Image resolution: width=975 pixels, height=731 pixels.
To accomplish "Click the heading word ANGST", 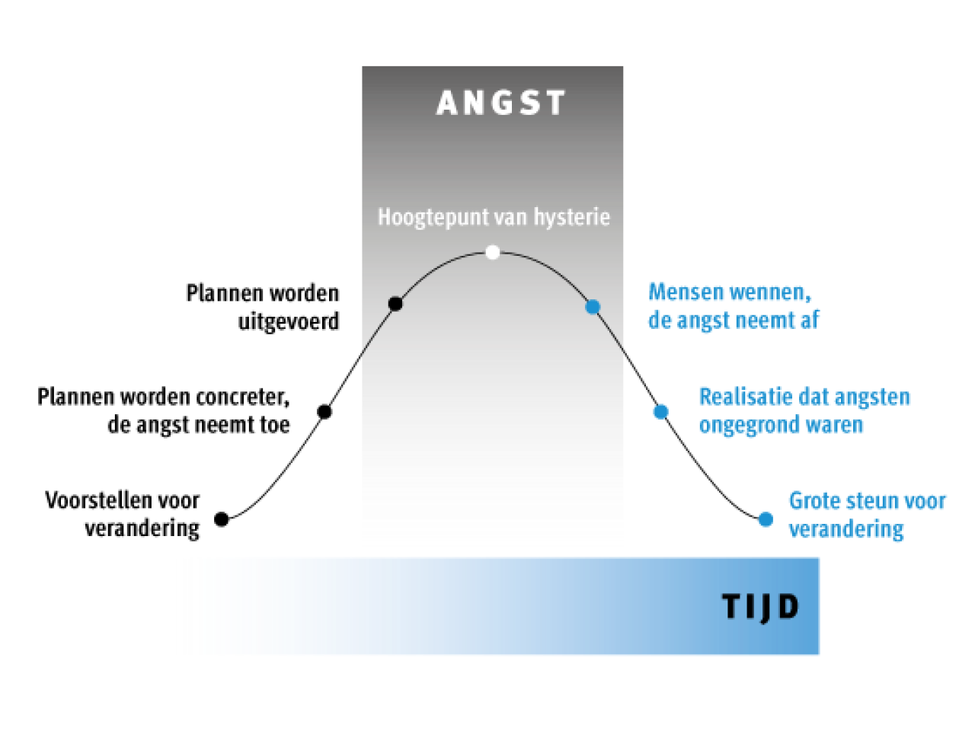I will pyautogui.click(x=500, y=103).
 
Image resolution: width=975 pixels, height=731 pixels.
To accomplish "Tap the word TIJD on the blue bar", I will pyautogui.click(x=760, y=608).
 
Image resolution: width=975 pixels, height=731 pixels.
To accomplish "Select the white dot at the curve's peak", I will pyautogui.click(x=493, y=252).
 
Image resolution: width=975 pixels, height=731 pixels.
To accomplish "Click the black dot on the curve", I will pyautogui.click(x=395, y=304).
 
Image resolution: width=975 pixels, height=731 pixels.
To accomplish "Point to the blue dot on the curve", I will pyautogui.click(x=593, y=307).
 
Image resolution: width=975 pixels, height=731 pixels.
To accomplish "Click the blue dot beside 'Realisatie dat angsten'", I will pyautogui.click(x=660, y=411).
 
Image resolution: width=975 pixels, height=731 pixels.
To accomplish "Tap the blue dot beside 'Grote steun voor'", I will pyautogui.click(x=766, y=519).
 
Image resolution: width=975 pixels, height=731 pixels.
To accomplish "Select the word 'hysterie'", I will pyautogui.click(x=571, y=218).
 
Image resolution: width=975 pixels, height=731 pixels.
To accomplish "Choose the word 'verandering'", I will pyautogui.click(x=846, y=530).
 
